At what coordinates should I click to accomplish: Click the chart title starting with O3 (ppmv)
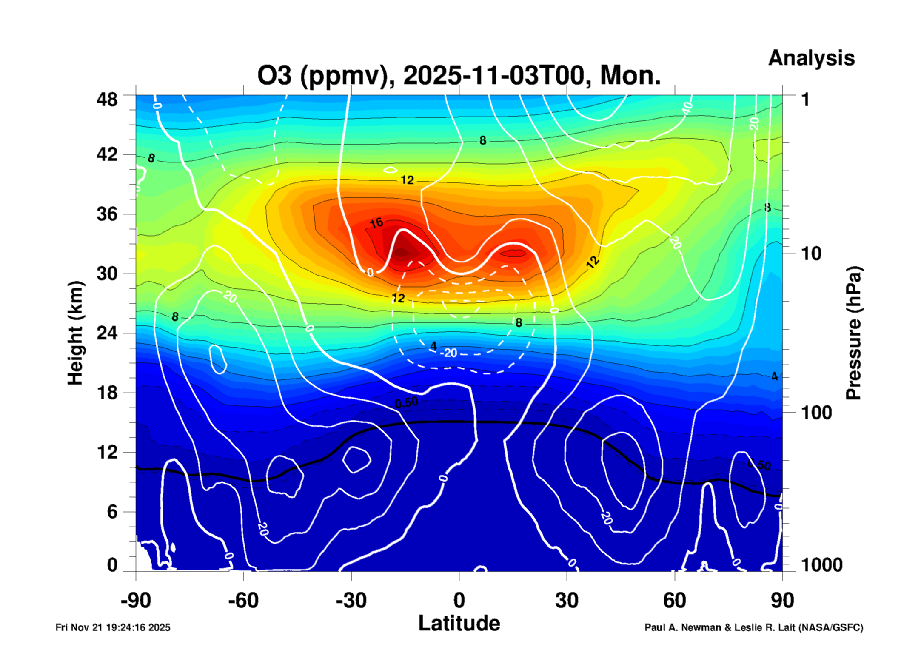coord(459,75)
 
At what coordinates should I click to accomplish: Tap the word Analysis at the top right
coord(811,58)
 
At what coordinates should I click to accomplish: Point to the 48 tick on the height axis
coord(107,100)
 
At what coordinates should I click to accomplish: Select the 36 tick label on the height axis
coord(107,214)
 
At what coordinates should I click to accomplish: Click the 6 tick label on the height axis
coord(112,512)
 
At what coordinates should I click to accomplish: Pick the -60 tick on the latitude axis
coord(243,601)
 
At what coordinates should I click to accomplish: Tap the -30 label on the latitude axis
coord(351,601)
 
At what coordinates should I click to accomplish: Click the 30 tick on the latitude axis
coord(567,601)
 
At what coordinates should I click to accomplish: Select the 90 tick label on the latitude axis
coord(782,601)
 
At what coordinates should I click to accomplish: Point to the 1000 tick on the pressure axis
coord(822,565)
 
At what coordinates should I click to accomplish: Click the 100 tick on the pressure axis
coord(816,413)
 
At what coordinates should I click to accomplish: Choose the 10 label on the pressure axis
coord(811,254)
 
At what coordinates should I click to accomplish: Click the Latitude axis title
coord(459,624)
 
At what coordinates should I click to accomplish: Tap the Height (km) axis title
coord(75,333)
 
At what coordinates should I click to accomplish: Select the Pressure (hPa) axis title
coord(853,333)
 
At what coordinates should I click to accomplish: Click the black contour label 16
coord(376,222)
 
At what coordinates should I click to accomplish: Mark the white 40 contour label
coord(687,108)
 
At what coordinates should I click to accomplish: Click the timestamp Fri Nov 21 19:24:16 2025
coord(113,627)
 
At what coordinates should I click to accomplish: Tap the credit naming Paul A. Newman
coord(754,627)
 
